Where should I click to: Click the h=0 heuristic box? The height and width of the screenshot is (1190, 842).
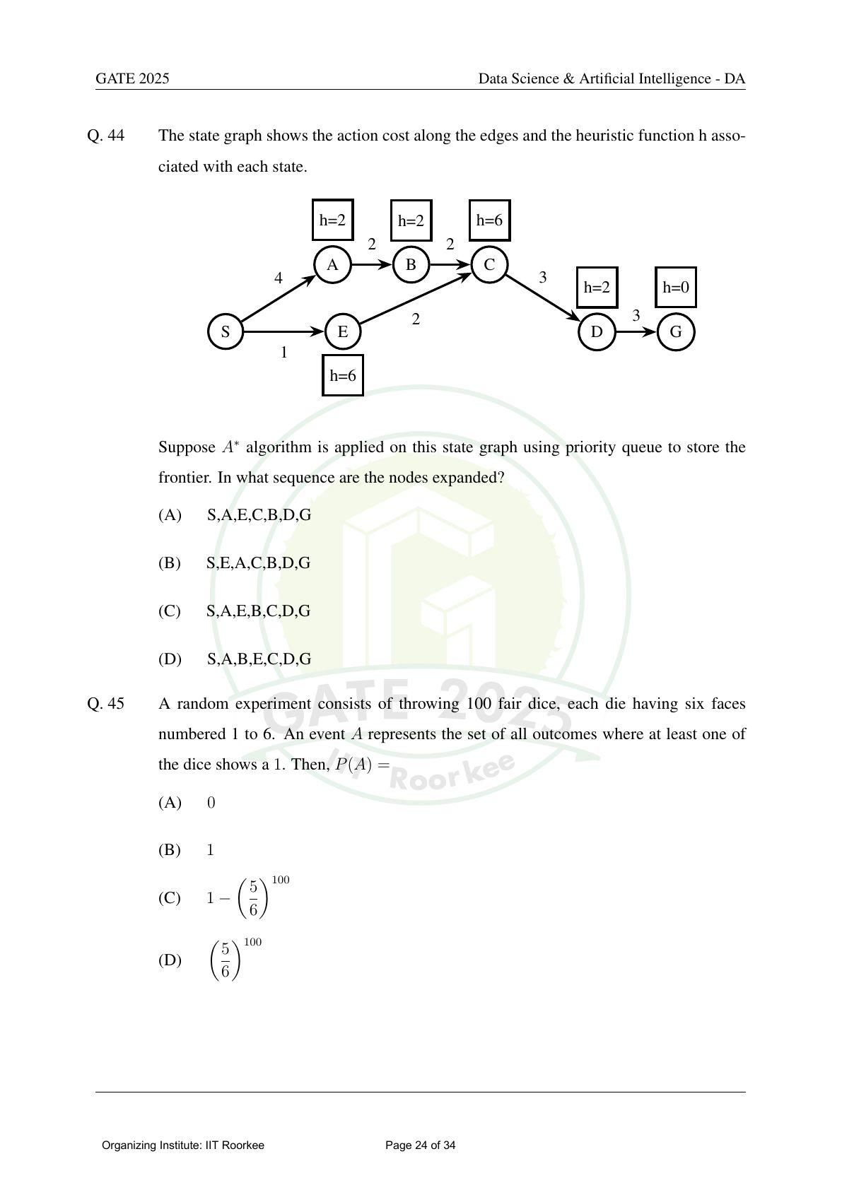coord(676,288)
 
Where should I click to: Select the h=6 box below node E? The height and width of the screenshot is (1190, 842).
coord(343,376)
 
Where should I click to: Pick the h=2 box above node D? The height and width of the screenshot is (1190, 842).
coord(597,288)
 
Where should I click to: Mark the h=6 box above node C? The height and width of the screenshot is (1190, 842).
coord(489,220)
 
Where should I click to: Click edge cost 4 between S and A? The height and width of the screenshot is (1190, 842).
coord(278,278)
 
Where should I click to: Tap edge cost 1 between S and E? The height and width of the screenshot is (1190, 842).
coord(284,352)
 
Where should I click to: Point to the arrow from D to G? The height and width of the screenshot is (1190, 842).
coord(636,331)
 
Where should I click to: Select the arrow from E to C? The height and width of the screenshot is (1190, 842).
coord(415,298)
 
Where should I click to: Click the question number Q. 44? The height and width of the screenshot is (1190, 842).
coord(106,136)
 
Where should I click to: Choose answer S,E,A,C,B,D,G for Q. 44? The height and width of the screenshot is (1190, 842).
coord(258,563)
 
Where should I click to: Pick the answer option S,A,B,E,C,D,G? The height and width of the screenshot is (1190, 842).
coord(259,659)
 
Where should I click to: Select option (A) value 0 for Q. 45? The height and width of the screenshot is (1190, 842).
coord(211,802)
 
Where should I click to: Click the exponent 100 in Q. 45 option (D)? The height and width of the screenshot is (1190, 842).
coord(252,942)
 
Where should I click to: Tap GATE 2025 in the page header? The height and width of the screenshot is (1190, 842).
coord(132,78)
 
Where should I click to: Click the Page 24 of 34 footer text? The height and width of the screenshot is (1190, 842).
coord(421,1145)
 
